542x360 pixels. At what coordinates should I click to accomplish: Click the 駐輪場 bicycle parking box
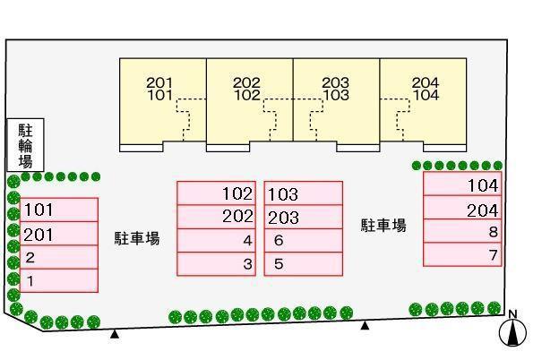click(26, 145)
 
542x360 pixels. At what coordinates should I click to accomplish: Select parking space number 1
click(59, 280)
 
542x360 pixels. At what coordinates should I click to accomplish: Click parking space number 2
click(59, 257)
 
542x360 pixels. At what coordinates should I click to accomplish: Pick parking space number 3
click(217, 264)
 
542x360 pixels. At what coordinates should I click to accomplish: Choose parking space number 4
click(217, 241)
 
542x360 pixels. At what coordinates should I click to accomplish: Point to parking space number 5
click(304, 264)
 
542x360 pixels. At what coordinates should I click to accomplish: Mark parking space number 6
click(304, 241)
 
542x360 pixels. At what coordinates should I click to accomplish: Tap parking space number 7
click(462, 254)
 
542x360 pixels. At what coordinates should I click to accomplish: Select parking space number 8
click(462, 231)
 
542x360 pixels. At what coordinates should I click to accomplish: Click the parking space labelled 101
click(59, 210)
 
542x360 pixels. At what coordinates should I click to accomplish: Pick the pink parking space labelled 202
click(217, 217)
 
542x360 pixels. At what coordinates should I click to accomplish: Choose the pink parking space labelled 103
click(304, 193)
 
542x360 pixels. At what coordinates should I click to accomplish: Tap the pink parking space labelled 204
click(462, 208)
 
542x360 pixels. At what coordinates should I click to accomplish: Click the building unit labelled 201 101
click(163, 105)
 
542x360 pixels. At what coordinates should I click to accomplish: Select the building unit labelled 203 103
click(337, 105)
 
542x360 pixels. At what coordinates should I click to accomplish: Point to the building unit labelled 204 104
click(424, 105)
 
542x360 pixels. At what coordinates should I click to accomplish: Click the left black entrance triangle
click(115, 334)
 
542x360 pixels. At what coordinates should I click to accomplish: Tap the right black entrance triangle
click(365, 325)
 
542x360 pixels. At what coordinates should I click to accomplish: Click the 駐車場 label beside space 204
click(383, 226)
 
